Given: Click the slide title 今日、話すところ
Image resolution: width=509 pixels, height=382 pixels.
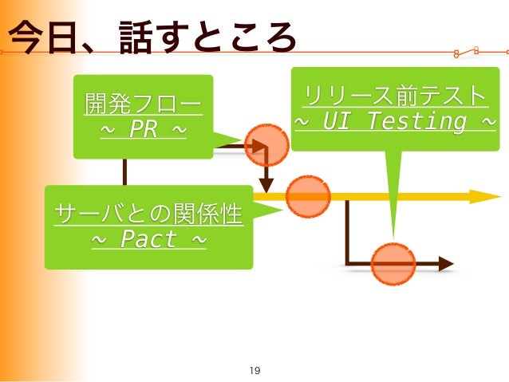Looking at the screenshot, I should [151, 38].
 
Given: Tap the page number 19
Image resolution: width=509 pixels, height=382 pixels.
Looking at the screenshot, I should [255, 370].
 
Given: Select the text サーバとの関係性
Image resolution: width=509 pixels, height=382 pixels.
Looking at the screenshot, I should [148, 214].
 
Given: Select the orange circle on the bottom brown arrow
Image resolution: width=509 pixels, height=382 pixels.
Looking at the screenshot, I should [393, 264].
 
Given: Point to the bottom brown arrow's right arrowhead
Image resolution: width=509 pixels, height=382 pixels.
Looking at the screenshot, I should [445, 264].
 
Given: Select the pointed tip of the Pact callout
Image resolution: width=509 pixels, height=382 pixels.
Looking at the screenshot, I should [282, 210].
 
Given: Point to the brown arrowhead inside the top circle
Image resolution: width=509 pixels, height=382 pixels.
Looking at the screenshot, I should [258, 146].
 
